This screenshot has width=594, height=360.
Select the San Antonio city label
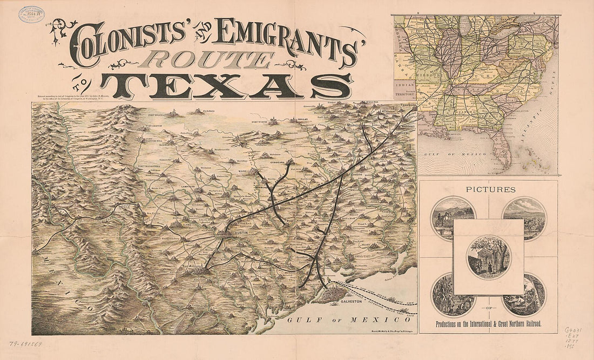click(192, 266)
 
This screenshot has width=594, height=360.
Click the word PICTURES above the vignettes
click(488, 189)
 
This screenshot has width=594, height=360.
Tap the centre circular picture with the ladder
click(488, 256)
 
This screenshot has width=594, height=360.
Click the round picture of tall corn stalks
click(453, 295)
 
